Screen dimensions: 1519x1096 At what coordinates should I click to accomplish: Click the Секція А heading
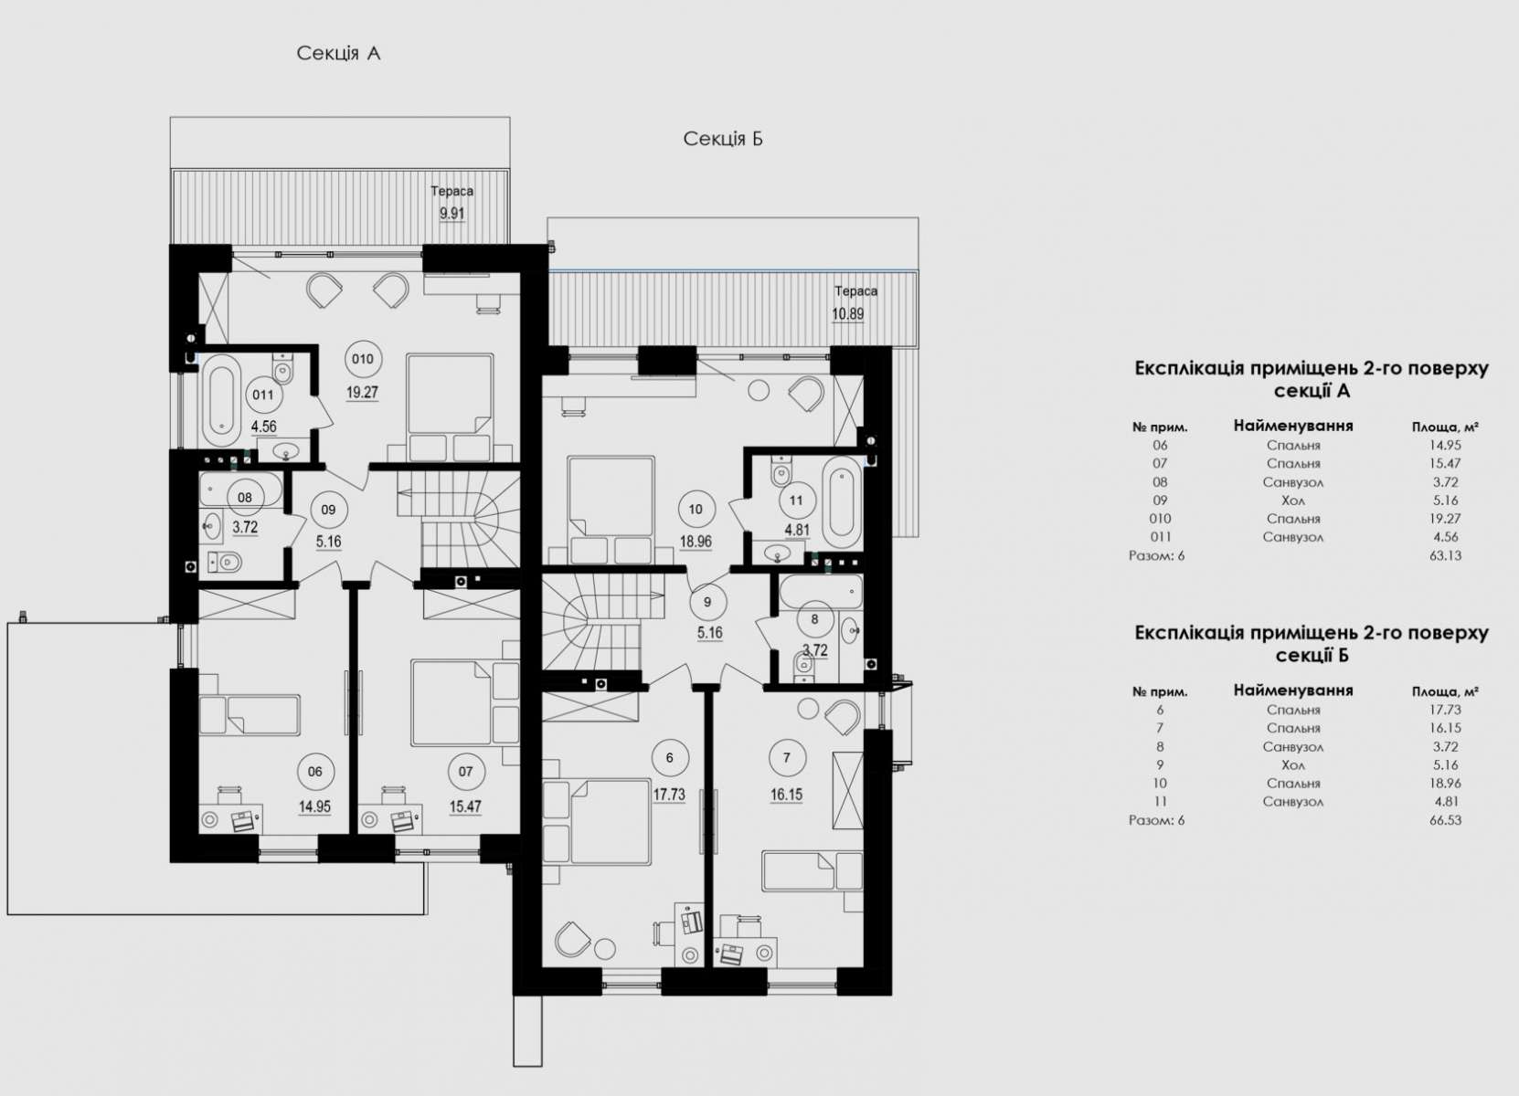pos(338,54)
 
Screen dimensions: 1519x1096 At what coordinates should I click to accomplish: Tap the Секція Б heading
pos(723,139)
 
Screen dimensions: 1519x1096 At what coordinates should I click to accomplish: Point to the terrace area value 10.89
pos(847,314)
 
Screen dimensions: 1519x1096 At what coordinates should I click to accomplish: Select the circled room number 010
pos(363,359)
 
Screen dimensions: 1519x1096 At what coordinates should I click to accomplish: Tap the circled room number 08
pos(245,498)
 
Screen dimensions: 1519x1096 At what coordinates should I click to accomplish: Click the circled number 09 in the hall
pos(328,510)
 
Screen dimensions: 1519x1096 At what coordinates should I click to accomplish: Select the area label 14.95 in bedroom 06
pos(314,806)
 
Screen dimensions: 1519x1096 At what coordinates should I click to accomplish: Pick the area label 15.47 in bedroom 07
pos(465,806)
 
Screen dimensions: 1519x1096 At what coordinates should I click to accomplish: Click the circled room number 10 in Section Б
pos(696,509)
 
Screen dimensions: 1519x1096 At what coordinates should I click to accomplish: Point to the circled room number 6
pos(669,758)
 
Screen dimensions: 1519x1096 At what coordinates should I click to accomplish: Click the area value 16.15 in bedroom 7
pos(787,795)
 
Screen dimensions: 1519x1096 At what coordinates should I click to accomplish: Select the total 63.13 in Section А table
pos(1445,556)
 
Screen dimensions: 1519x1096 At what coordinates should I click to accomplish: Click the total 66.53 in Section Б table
pos(1445,820)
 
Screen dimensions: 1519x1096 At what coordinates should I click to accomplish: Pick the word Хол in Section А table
pos(1293,501)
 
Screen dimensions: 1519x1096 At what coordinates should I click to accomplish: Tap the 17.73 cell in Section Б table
pos(1445,710)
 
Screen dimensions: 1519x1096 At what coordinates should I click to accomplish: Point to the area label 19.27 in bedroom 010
pos(362,393)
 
